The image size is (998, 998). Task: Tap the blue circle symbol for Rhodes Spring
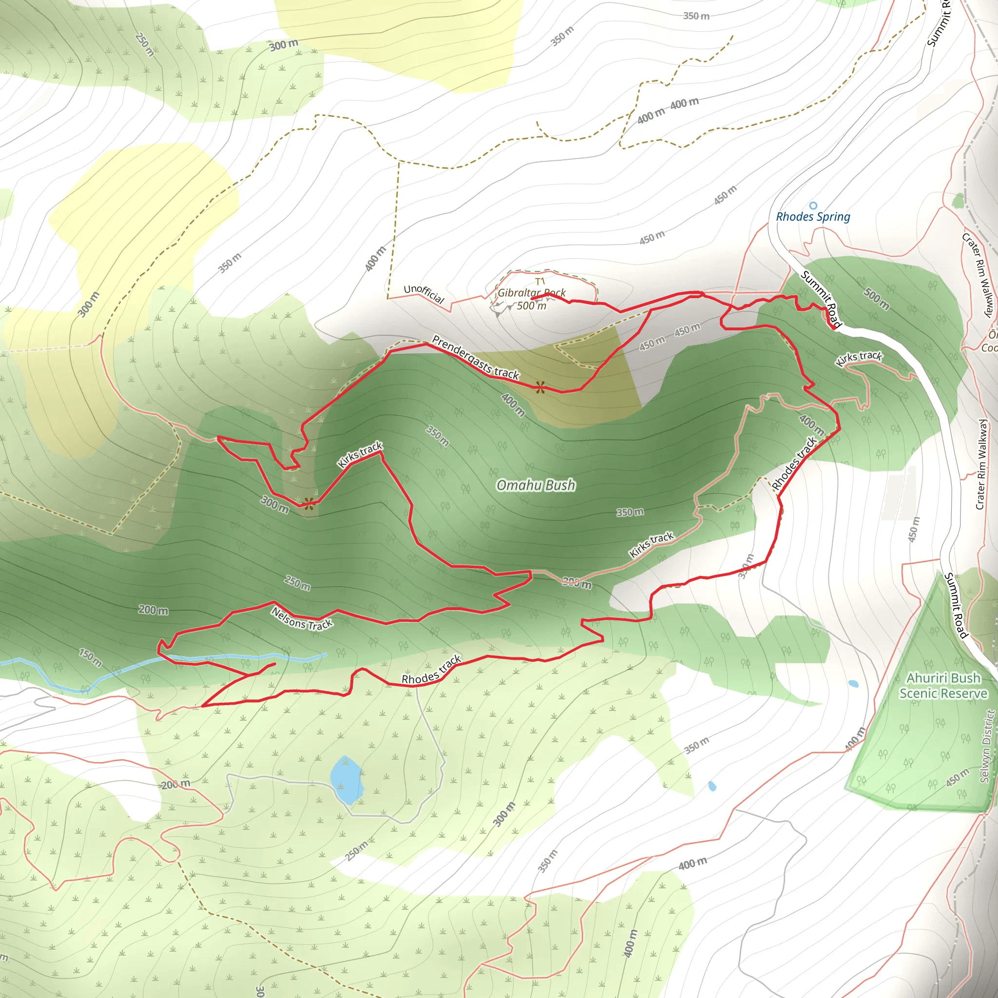[813, 206]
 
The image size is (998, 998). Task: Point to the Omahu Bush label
[535, 484]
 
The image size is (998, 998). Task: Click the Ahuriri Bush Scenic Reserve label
[943, 685]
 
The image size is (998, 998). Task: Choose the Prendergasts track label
[475, 357]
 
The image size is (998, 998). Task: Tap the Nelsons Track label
[302, 618]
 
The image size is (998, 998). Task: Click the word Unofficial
[423, 293]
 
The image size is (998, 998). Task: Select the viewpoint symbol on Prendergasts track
[540, 387]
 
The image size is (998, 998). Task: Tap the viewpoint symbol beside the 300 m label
[308, 504]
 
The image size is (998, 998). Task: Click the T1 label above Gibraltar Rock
[540, 281]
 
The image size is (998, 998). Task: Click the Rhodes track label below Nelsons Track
[431, 670]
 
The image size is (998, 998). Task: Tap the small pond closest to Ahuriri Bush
[853, 684]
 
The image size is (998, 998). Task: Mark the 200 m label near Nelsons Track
[153, 610]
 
